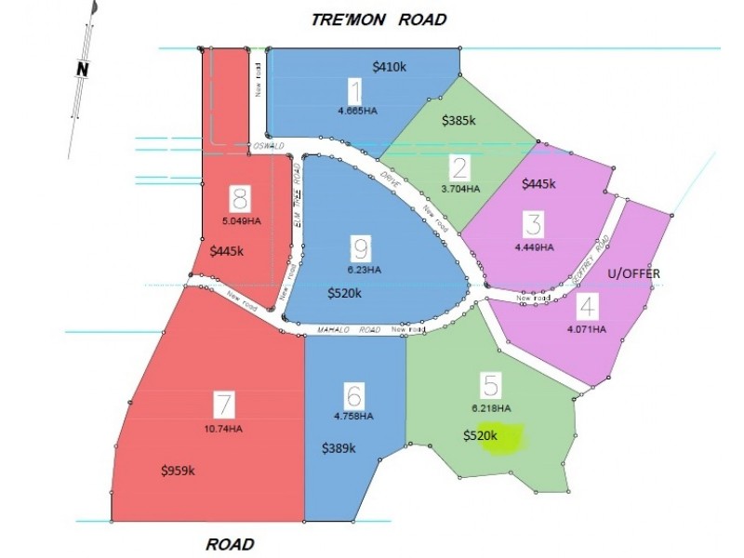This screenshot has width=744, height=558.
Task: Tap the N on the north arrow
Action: click(83, 68)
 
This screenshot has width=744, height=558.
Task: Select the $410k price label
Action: click(389, 67)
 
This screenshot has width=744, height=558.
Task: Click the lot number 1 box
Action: click(354, 91)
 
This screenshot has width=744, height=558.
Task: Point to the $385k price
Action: click(458, 120)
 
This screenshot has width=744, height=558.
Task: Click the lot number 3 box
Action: click(533, 224)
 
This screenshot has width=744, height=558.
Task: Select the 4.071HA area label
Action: click(585, 329)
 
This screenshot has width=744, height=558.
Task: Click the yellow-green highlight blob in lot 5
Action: click(502, 438)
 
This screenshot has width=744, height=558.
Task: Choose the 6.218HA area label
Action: click(490, 408)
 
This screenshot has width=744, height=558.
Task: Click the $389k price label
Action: click(339, 448)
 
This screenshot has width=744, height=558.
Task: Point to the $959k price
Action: click(177, 470)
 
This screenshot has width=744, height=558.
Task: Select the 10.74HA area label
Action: click(222, 429)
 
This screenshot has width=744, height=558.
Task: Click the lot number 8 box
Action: click(240, 198)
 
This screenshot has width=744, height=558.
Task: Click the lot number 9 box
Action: click(361, 248)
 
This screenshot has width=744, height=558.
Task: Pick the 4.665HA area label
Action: click(358, 110)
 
